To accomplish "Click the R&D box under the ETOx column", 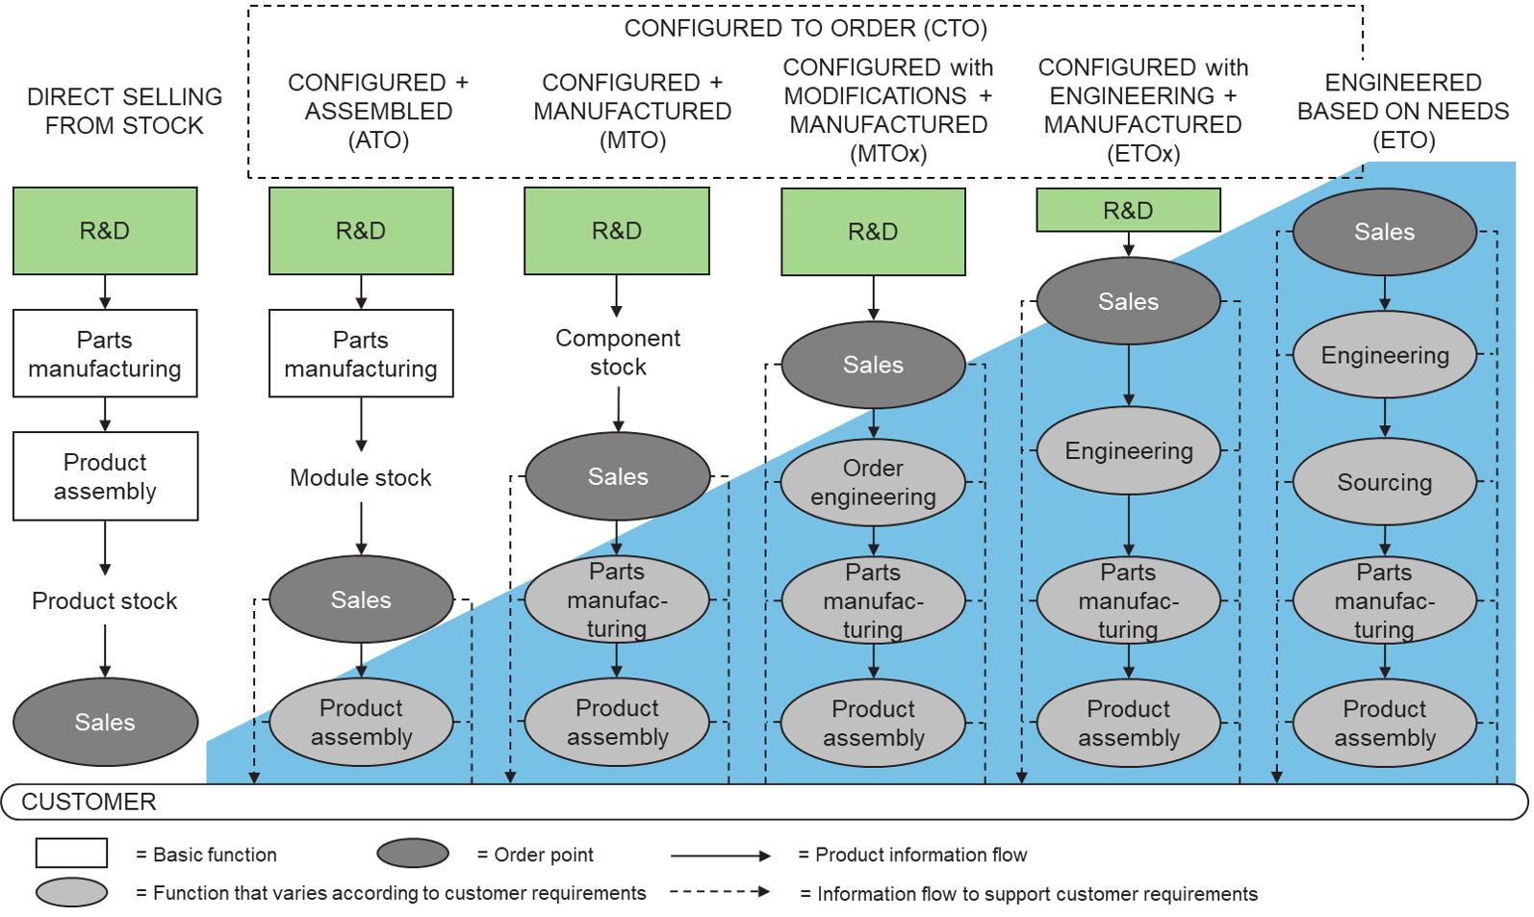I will [x=1128, y=210].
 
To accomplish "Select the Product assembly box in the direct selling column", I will [x=105, y=476].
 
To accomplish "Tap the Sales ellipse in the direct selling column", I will [x=105, y=722].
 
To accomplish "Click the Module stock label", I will [x=361, y=477].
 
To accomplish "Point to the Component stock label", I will [x=618, y=352].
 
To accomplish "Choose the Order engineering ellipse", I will [x=873, y=482].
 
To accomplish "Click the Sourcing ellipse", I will [x=1384, y=482].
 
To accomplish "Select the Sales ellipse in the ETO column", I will [x=1384, y=232].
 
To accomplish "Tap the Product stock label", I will [x=105, y=600].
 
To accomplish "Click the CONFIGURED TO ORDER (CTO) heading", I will [x=805, y=28].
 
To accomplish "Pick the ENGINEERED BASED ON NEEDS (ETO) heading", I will [x=1403, y=111].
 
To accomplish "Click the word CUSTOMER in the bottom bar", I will [x=89, y=802].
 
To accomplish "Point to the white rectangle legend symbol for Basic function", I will [x=71, y=853].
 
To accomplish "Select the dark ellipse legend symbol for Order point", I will [x=413, y=853].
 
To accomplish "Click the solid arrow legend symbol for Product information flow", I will [x=720, y=855].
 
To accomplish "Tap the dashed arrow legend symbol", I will [x=720, y=892].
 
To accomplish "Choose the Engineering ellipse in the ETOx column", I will [x=1128, y=451].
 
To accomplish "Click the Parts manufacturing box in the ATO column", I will [x=361, y=353].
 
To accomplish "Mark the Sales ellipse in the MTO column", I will [x=618, y=476].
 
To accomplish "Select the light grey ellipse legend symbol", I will [x=71, y=892].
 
